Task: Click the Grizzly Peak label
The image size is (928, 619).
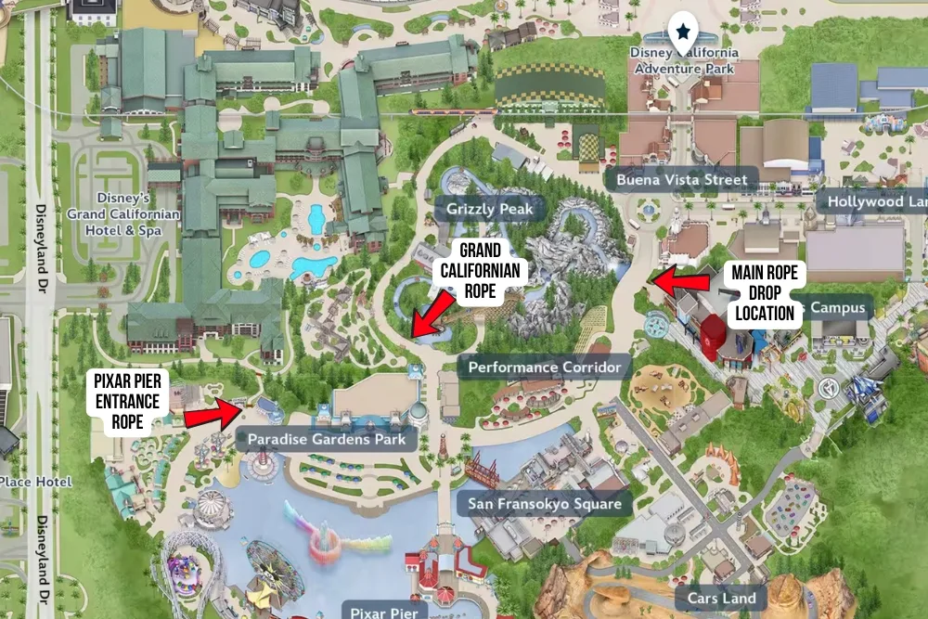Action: tap(489, 209)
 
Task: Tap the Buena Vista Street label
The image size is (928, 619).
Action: tap(680, 179)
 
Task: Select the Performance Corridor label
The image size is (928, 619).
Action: tap(544, 367)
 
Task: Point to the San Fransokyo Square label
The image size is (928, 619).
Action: tap(544, 504)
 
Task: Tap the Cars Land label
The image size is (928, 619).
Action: tap(721, 598)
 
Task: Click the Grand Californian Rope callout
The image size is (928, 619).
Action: tap(480, 271)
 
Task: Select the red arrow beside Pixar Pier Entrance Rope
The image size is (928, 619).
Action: tap(213, 413)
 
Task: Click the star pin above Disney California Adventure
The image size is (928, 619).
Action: tap(683, 33)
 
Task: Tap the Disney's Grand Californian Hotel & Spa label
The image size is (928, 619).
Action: tap(136, 214)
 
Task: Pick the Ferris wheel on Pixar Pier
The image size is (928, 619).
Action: tap(274, 567)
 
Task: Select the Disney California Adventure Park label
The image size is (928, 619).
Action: tap(684, 60)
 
